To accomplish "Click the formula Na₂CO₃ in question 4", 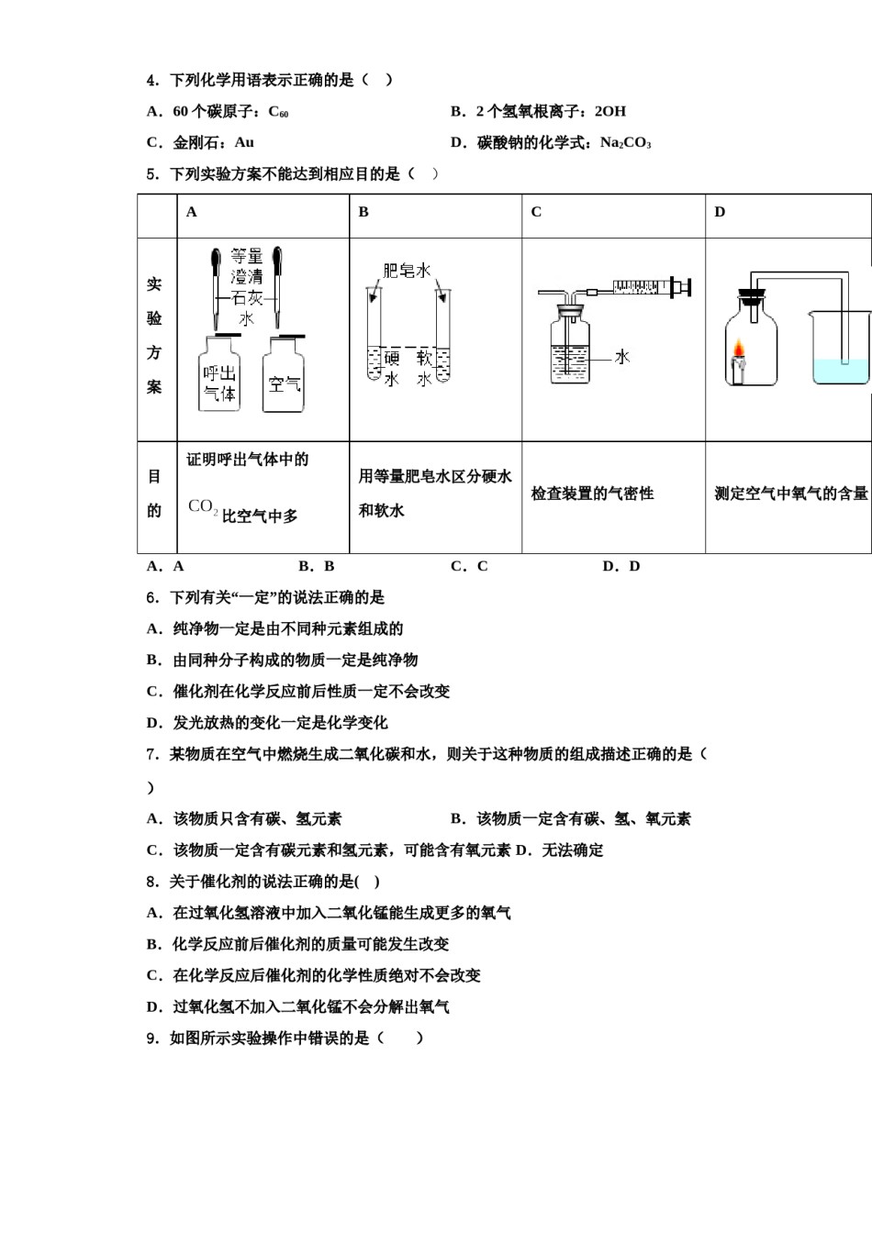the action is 625,143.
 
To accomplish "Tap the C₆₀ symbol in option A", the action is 278,112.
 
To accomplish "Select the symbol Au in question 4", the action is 244,143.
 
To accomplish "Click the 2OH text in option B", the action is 610,112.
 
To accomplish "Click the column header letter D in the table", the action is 720,212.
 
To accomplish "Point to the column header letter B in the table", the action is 363,212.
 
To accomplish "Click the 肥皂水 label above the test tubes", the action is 407,271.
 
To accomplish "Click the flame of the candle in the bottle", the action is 738,350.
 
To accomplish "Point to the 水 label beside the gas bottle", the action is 622,357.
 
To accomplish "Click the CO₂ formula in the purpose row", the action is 203,507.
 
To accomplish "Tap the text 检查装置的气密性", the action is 592,494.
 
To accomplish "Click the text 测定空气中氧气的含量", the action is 791,494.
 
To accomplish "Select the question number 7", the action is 152,754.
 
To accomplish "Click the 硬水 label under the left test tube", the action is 391,368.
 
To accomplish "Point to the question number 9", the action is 152,1039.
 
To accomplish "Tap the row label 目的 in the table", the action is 154,494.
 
